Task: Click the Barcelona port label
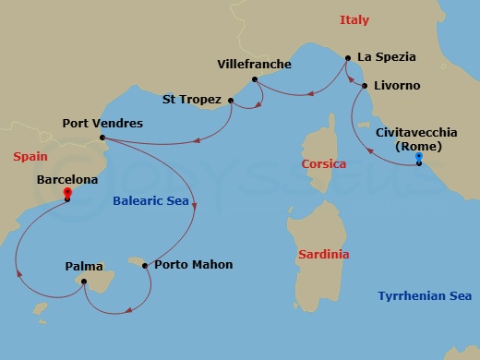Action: coord(66,181)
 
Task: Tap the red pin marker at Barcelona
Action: coord(67,194)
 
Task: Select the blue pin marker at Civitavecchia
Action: coord(419,158)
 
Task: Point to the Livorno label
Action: coord(397,85)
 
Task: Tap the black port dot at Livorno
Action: coord(366,86)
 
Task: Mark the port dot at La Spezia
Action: coord(347,58)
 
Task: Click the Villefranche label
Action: coord(254,64)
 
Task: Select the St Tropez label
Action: coord(192,99)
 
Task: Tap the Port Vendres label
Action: coord(102,122)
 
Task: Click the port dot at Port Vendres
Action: coord(101,139)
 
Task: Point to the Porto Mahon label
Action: coord(194,265)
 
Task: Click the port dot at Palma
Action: coord(84,282)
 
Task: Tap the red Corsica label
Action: coord(324,163)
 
